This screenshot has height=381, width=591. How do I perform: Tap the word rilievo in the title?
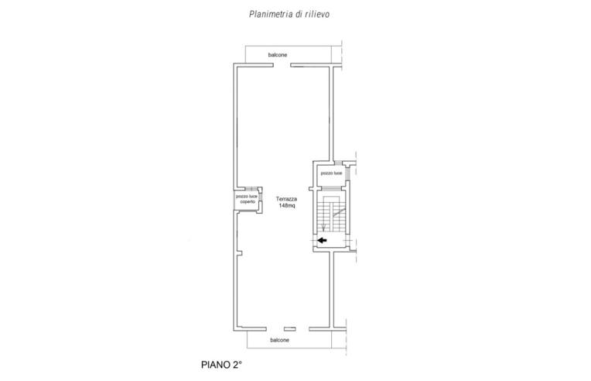317,15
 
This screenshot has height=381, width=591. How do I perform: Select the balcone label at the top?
278,55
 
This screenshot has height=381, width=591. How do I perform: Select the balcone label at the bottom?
280,340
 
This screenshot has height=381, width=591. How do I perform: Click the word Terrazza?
286,199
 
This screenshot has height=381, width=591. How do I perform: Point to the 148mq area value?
287,205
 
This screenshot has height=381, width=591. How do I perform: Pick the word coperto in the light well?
248,202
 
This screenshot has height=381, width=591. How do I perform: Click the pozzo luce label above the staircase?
331,173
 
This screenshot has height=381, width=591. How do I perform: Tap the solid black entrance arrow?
322,240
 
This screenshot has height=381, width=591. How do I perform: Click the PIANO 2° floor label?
221,365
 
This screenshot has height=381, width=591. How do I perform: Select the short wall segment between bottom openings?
290,329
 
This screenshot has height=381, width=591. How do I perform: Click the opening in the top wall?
282,65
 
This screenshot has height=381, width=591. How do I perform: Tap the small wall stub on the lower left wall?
239,252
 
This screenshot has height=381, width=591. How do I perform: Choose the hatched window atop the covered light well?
251,188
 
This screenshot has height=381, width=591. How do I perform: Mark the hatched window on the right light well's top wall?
339,163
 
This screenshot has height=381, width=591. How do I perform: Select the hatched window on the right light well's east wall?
347,173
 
